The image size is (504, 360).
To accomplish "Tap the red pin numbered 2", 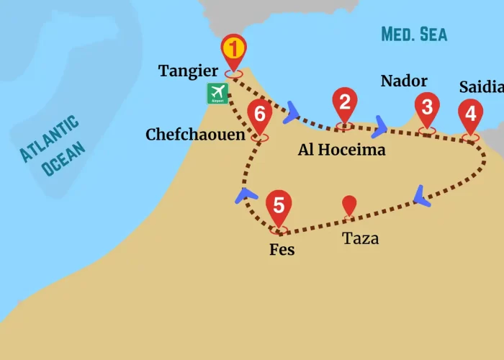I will click(345, 103).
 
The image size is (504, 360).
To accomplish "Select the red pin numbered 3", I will click(428, 109).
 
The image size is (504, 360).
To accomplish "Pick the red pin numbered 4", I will click(470, 114).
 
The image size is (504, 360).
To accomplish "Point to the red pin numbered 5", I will click(279, 205).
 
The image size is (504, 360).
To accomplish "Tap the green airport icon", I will click(217, 93).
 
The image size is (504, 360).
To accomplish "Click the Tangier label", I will click(189, 71).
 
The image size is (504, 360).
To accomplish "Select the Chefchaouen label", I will click(195, 135).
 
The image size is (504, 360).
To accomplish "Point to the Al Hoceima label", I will click(342, 150).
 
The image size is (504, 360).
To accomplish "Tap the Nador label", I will click(404, 81).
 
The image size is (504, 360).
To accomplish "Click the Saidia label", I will click(481, 87).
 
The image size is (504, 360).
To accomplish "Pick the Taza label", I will click(361, 238).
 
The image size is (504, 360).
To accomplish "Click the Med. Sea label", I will click(414, 34).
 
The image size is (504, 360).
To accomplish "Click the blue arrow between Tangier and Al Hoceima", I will click(292, 111).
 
